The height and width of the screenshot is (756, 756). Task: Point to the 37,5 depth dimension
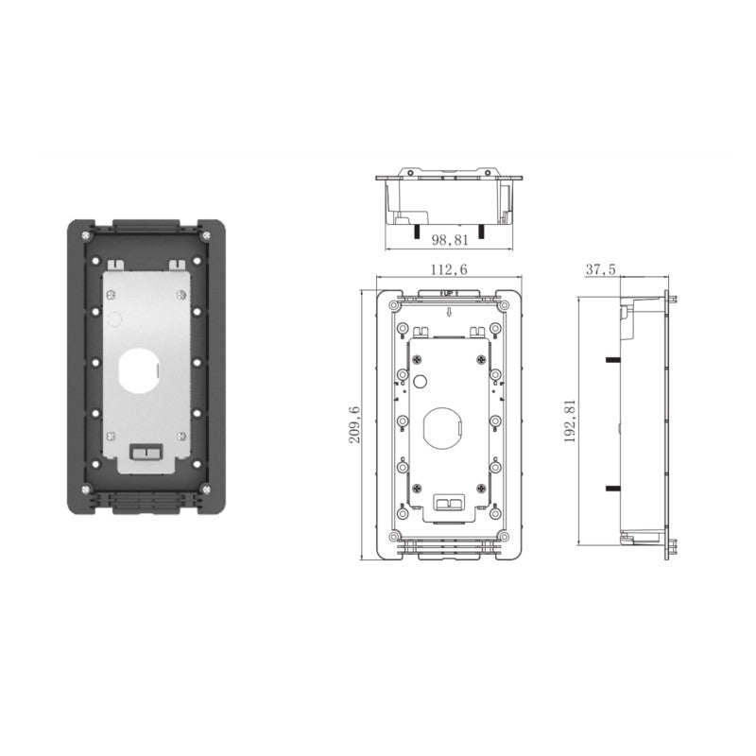tap(600, 270)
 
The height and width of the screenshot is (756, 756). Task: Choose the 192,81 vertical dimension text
tap(568, 421)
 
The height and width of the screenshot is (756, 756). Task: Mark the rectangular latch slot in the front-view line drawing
tap(446, 502)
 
